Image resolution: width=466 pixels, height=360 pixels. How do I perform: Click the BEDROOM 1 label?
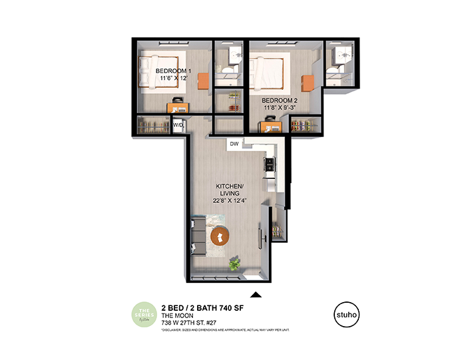(x=174, y=71)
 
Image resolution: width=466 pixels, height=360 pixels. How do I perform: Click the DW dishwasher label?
(x=234, y=143)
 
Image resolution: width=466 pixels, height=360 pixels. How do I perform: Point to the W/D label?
(x=178, y=125)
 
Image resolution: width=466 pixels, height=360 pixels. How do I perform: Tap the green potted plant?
(x=234, y=264)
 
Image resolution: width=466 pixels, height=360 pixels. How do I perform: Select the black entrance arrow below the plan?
(x=255, y=294)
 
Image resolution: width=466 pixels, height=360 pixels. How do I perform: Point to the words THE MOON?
(x=176, y=315)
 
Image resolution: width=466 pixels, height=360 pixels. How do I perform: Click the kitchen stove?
(x=270, y=164)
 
